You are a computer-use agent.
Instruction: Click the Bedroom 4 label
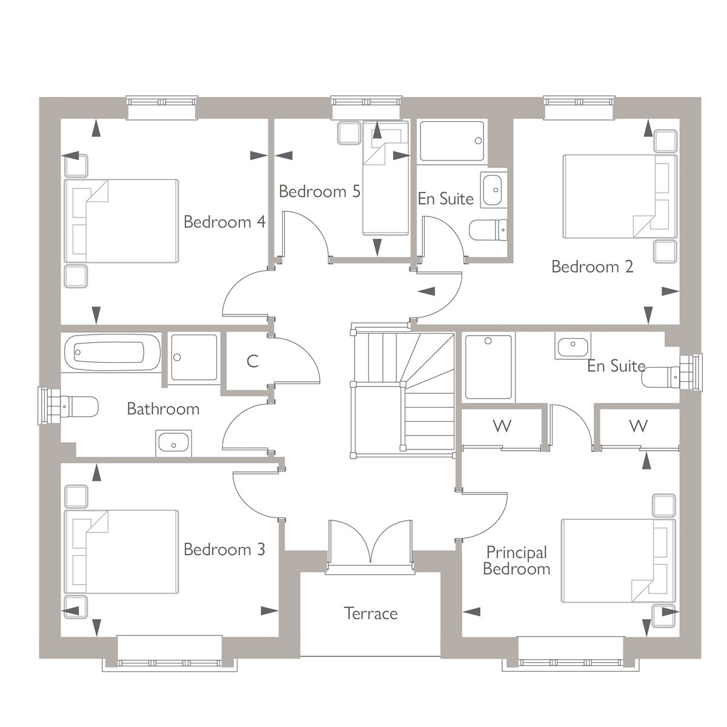click(x=225, y=222)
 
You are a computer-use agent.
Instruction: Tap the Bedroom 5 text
click(x=319, y=191)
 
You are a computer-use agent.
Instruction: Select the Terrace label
click(x=371, y=614)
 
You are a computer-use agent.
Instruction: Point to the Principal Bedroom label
click(x=517, y=560)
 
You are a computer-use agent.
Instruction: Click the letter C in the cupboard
click(x=253, y=361)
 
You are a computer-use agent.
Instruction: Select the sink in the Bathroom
click(x=173, y=443)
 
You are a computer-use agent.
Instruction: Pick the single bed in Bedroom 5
click(x=386, y=178)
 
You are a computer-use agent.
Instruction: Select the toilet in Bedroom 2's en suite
click(x=488, y=230)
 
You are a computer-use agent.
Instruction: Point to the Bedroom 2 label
click(x=593, y=267)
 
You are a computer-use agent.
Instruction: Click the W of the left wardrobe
click(x=502, y=427)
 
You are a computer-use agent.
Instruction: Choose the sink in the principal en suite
click(x=573, y=345)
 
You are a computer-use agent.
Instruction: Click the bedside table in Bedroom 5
click(x=350, y=133)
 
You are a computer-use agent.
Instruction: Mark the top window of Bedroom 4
click(x=162, y=107)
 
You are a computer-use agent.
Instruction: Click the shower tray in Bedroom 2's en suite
click(x=452, y=141)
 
